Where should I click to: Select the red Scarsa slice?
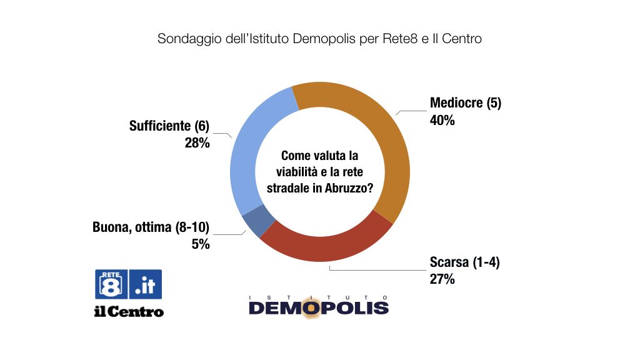click(x=325, y=246)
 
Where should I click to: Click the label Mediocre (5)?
click(x=466, y=103)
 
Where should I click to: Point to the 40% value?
click(x=442, y=120)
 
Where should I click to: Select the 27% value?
click(x=442, y=279)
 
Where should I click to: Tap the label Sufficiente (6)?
click(x=169, y=126)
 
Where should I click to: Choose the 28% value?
click(x=196, y=143)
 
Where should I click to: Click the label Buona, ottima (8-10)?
click(x=150, y=227)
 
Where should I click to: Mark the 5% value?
click(x=200, y=244)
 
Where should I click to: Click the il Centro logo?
click(x=129, y=311)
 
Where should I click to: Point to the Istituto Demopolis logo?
click(x=319, y=306)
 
